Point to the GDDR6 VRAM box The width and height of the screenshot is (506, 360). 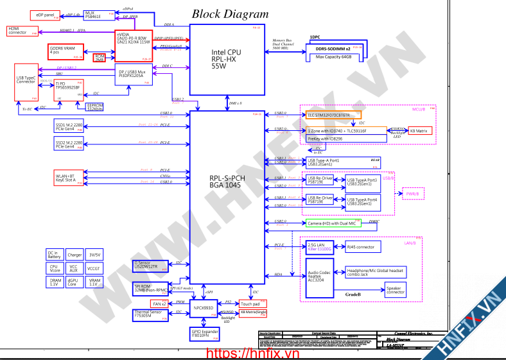[64, 51]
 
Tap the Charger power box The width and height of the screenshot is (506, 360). [74, 255]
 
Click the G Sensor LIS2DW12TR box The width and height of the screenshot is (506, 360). [150, 264]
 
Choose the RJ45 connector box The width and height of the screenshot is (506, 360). [360, 246]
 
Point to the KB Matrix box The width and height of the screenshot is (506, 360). [421, 130]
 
